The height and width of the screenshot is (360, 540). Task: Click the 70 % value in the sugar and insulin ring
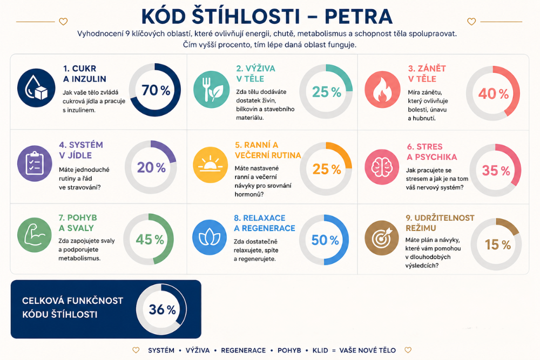pos(156,90)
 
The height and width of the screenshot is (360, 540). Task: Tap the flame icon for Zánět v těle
pos(382,89)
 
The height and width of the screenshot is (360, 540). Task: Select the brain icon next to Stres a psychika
pos(382,167)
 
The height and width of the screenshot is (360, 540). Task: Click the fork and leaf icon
pos(212,89)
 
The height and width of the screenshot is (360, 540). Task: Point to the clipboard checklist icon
pos(35,164)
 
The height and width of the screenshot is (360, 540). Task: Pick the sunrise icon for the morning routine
pos(210,165)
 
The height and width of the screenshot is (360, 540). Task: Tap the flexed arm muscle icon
pos(35,235)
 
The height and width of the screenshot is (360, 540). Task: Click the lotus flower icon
pos(210,237)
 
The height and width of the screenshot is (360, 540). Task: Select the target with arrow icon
pos(382,237)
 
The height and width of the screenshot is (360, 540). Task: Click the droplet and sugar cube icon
pos(36,88)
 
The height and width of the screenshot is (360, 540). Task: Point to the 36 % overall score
pos(162,309)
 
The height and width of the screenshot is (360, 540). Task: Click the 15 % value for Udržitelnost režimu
pos(498,244)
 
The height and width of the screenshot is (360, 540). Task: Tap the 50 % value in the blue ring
pos(325,240)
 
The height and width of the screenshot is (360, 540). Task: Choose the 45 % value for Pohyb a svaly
pos(150,239)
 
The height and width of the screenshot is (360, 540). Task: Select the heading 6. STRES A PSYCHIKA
pos(432,152)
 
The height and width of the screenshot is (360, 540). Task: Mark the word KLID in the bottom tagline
pos(320,350)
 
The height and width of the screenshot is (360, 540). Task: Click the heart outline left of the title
pos(63,22)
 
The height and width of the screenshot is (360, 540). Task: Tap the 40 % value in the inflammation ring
pos(493,93)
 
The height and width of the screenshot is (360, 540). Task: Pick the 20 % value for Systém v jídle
pos(151,168)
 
